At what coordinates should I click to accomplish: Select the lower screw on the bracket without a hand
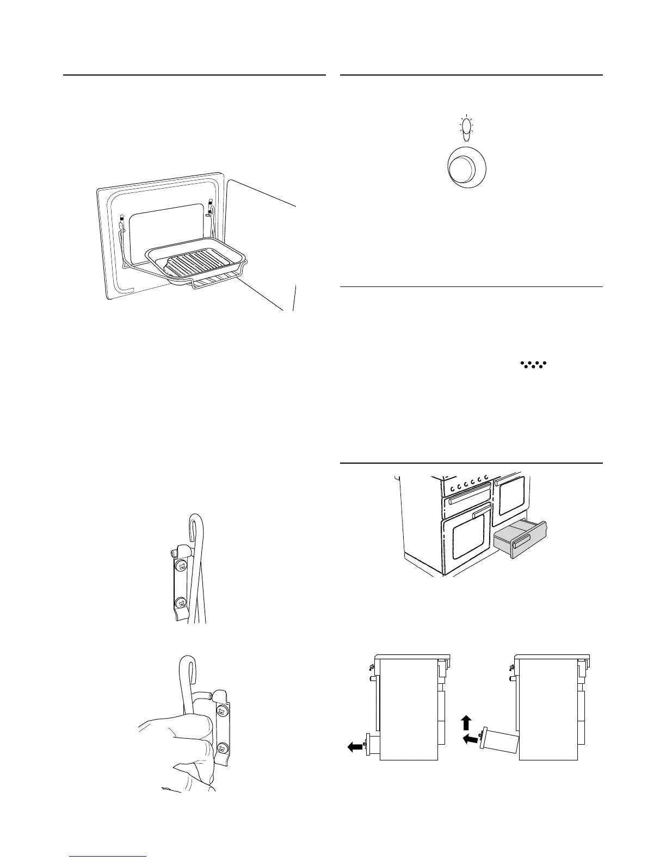click(x=180, y=602)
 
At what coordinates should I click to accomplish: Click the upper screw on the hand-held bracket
click(x=221, y=712)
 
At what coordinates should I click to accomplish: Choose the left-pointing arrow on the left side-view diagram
click(x=355, y=747)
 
